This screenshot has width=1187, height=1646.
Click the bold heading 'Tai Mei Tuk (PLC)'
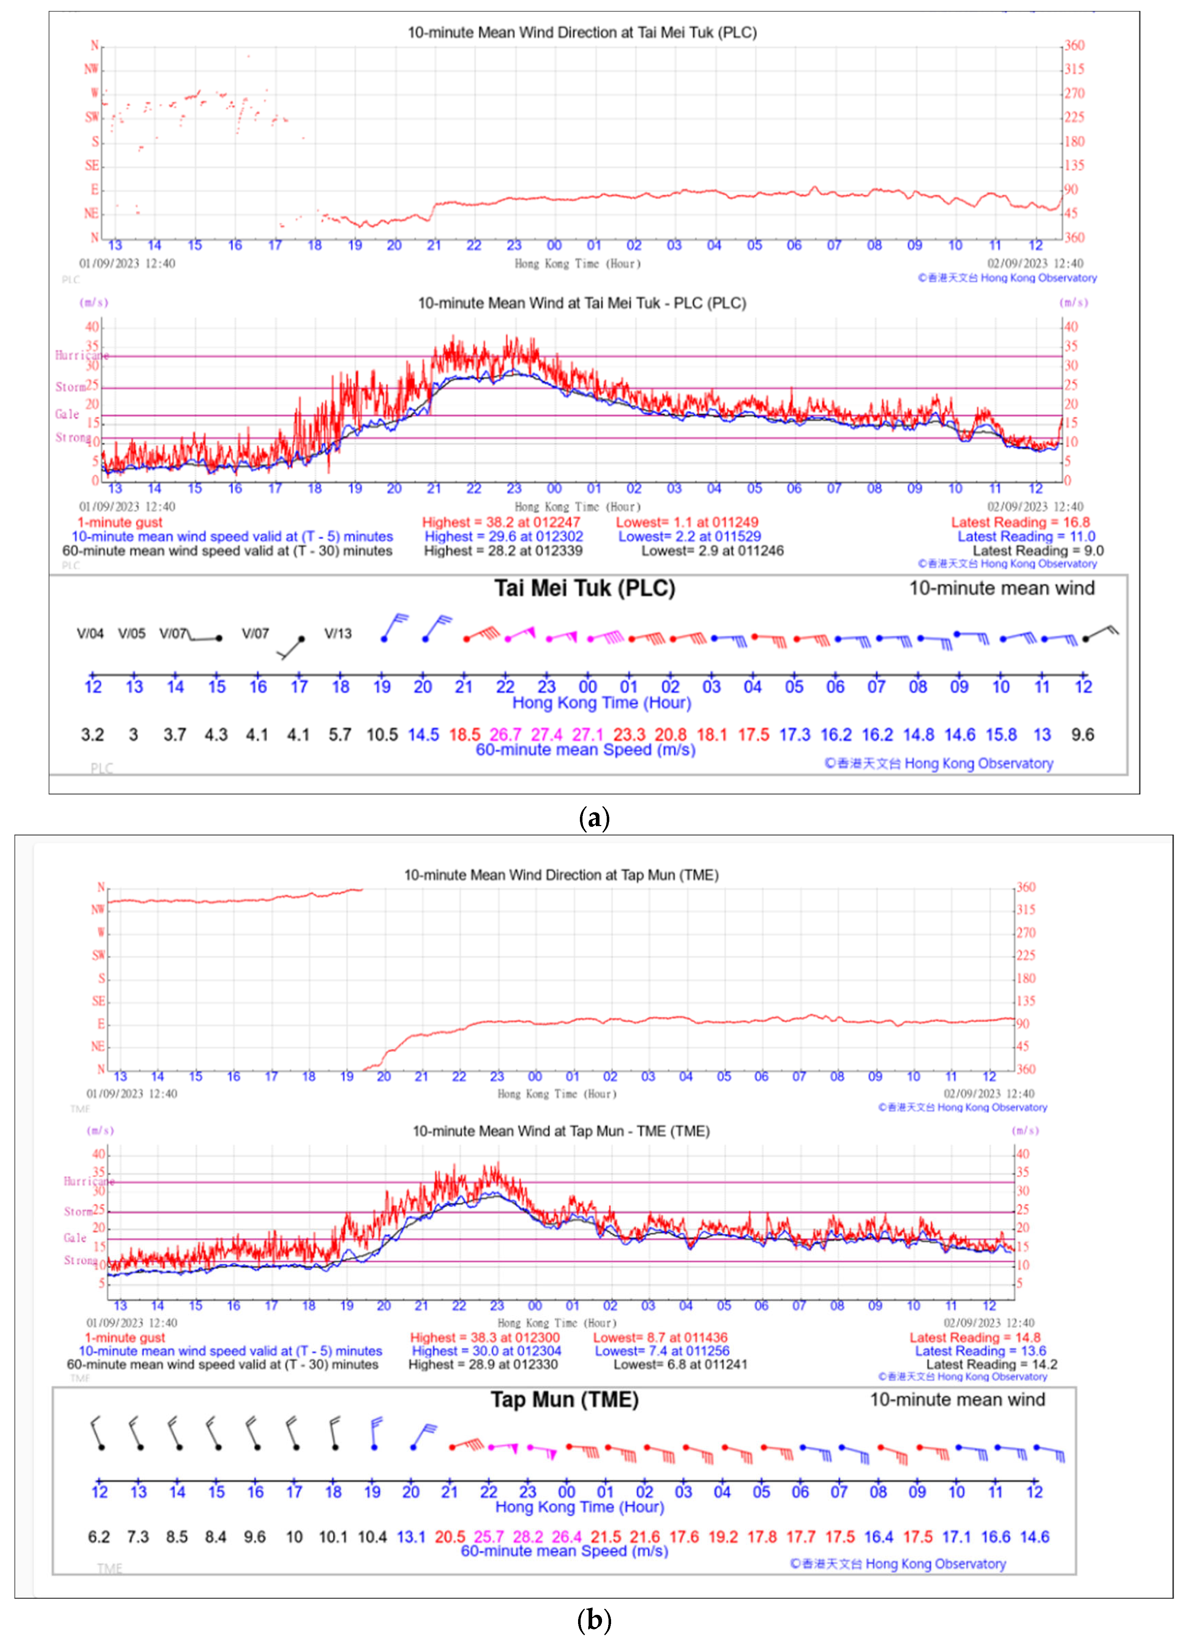[x=584, y=588]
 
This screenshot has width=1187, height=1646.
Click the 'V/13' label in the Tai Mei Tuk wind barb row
[x=338, y=634]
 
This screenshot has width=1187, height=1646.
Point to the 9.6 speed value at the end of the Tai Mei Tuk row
[x=1083, y=734]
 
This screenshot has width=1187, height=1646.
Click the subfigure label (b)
[x=594, y=1620]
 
